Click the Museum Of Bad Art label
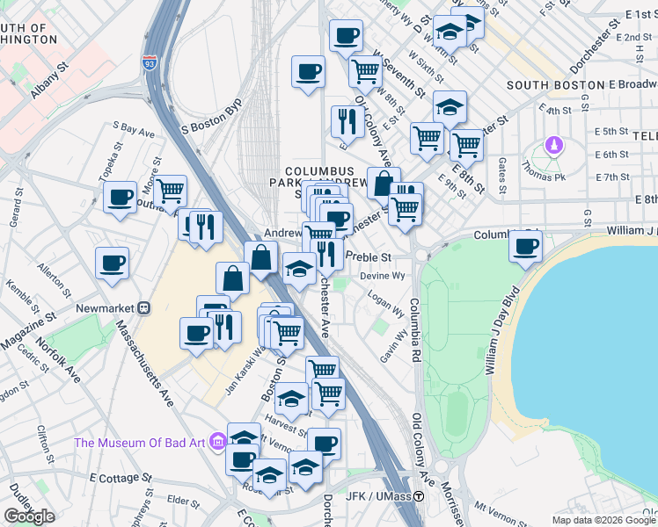(x=141, y=442)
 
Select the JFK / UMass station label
(x=379, y=496)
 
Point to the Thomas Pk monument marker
(x=553, y=144)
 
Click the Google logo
(x=29, y=516)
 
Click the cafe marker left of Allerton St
(x=113, y=263)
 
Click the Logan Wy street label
(x=386, y=304)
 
